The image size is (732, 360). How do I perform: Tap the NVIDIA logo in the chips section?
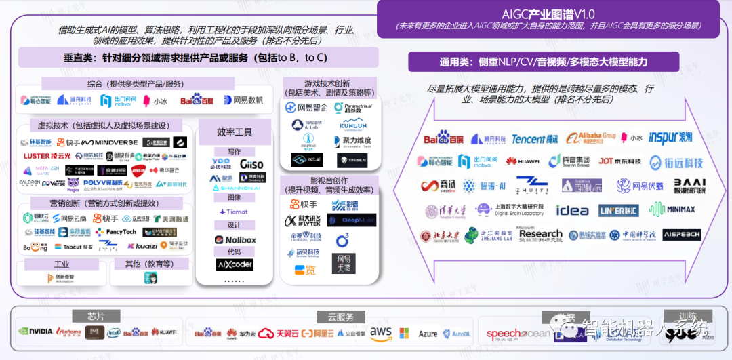pos(36,332)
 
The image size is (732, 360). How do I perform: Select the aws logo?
pos(381,332)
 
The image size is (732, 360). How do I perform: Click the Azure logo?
pos(428,334)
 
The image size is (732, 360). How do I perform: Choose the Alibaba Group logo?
pos(591,138)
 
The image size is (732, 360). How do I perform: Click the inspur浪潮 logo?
pos(670,138)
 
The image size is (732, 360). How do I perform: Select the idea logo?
pos(572,210)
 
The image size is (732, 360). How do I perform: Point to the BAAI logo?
pos(689,185)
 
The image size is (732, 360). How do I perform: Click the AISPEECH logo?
pos(681,235)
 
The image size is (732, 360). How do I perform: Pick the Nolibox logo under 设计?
pos(235,240)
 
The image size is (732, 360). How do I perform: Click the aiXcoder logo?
pos(235,264)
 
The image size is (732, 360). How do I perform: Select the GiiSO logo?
pos(251,164)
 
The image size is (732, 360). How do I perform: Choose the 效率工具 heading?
pos(235,132)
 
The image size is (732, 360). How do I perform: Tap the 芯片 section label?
pos(96,317)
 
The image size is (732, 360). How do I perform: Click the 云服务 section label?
pos(340,317)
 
